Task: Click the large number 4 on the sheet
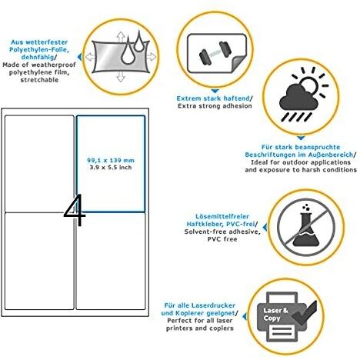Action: point(75,210)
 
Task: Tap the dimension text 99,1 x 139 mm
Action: point(111,160)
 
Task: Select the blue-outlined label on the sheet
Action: point(111,164)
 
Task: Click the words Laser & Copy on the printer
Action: point(275,315)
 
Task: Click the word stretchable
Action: point(39,80)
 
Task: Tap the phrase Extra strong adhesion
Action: point(215,106)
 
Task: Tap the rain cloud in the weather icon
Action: point(298,98)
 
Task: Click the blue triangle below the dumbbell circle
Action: point(215,91)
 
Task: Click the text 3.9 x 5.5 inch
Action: point(111,168)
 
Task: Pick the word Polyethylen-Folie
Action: point(39,49)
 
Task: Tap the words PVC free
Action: point(222,239)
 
